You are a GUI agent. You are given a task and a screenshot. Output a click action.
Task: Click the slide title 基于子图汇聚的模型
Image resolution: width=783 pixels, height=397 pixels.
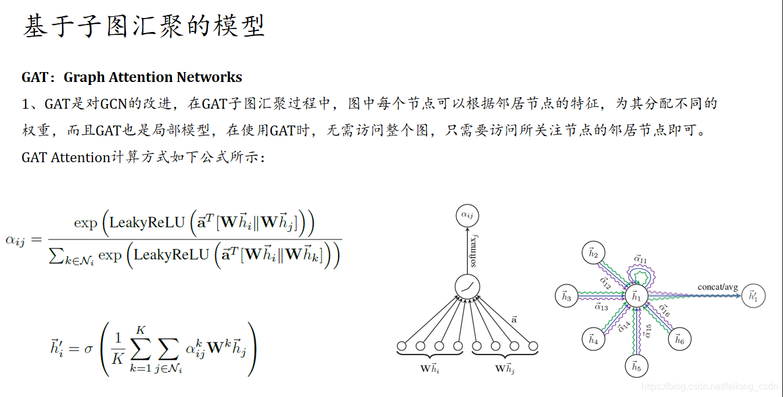point(143,27)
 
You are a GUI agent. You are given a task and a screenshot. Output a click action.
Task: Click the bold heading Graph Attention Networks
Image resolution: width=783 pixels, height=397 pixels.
point(153,77)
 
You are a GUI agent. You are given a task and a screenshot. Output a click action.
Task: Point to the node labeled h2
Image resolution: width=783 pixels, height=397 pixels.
point(593,253)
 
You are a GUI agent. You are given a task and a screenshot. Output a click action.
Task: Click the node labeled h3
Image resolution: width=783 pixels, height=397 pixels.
point(566,297)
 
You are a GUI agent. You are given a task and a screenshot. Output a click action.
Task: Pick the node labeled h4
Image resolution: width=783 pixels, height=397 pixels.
point(593,339)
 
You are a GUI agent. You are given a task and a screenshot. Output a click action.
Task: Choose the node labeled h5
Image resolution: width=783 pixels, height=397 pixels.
point(636,367)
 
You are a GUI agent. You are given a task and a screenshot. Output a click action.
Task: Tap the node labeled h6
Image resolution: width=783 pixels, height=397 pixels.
point(679,339)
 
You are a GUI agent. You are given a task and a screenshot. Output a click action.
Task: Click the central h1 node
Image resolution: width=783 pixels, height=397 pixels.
point(636,297)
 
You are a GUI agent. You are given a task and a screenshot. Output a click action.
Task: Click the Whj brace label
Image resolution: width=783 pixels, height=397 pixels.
point(505,369)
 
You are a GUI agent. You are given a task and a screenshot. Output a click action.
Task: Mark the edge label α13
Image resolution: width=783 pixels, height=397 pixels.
point(601,307)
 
